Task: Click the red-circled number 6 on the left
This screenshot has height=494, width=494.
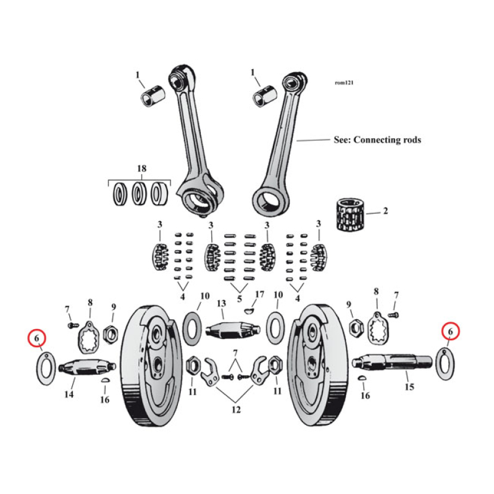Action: pos(38,338)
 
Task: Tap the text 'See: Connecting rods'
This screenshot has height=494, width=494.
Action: pos(377,140)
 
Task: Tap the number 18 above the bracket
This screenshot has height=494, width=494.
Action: pos(140,169)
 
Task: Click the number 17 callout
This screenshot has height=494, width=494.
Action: pos(259,294)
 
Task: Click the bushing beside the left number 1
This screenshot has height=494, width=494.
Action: pos(153,96)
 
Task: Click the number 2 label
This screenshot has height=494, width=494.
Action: pos(385,211)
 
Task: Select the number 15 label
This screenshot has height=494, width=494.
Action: pos(408,387)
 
